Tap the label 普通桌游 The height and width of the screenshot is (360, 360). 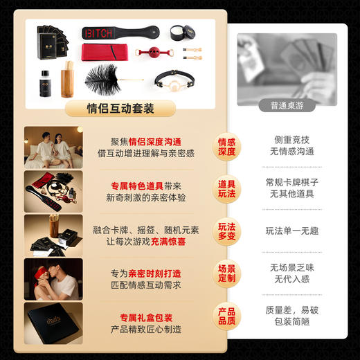(287, 106)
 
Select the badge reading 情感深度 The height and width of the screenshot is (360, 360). (227, 147)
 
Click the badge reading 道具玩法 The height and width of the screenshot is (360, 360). (227, 190)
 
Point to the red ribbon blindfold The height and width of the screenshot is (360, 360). (104, 53)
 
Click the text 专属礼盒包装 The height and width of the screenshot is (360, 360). (145, 315)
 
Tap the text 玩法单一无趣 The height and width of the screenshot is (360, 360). (291, 231)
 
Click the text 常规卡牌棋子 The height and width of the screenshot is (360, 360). (291, 183)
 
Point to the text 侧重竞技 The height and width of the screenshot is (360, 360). (291, 139)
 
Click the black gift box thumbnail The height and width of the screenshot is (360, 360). (53, 323)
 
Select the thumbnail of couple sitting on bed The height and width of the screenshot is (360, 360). (53, 147)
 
